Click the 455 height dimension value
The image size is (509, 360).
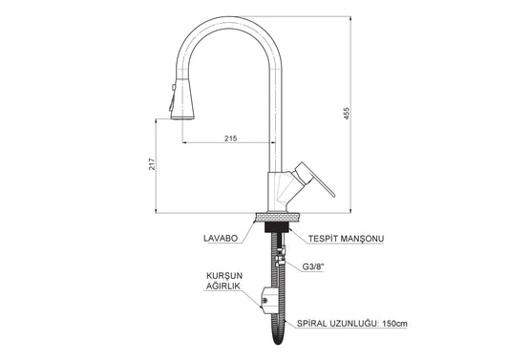(x=347, y=114)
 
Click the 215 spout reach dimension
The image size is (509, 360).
(x=231, y=138)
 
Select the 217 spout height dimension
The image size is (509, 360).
(x=152, y=164)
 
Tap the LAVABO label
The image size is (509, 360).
(x=221, y=238)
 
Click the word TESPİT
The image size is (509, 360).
(x=321, y=239)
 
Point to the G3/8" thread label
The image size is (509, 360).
(x=313, y=266)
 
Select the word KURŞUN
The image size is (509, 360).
(x=224, y=276)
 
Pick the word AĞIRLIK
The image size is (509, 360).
(x=223, y=286)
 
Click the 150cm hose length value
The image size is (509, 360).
(x=394, y=324)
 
